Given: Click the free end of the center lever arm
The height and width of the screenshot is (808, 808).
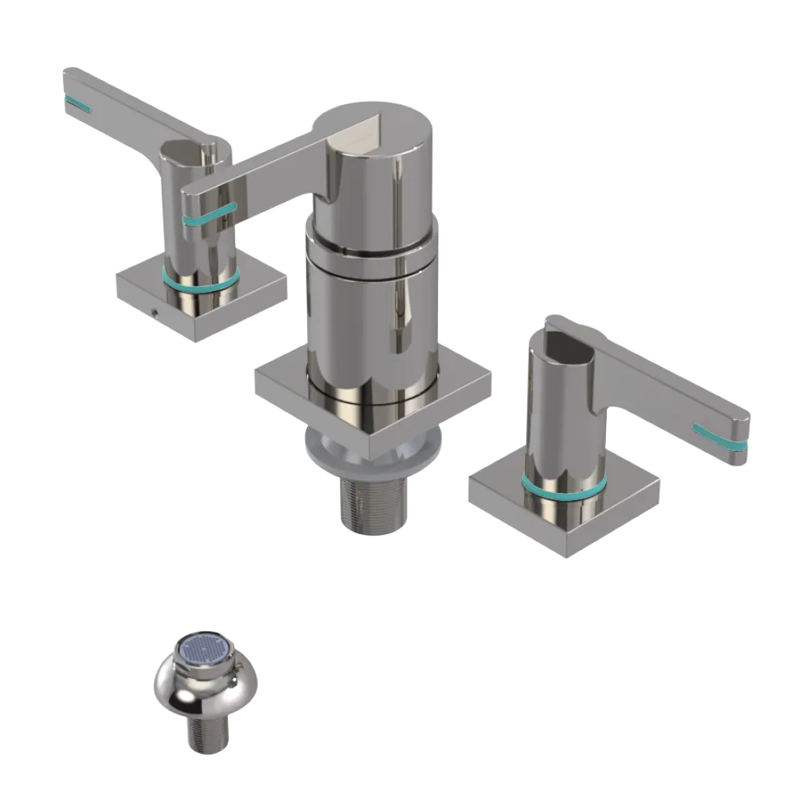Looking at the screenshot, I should (x=192, y=194).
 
